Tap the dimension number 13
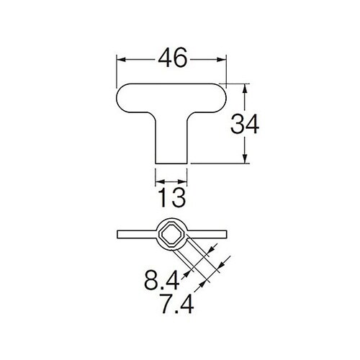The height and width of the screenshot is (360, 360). click(172, 196)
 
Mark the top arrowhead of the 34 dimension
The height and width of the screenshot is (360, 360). click(246, 89)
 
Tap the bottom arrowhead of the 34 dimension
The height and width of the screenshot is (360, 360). click(246, 160)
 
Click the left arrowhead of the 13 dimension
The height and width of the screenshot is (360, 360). click(158, 181)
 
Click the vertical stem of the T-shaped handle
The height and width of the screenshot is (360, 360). click(172, 140)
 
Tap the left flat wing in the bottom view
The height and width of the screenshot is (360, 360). click(133, 233)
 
